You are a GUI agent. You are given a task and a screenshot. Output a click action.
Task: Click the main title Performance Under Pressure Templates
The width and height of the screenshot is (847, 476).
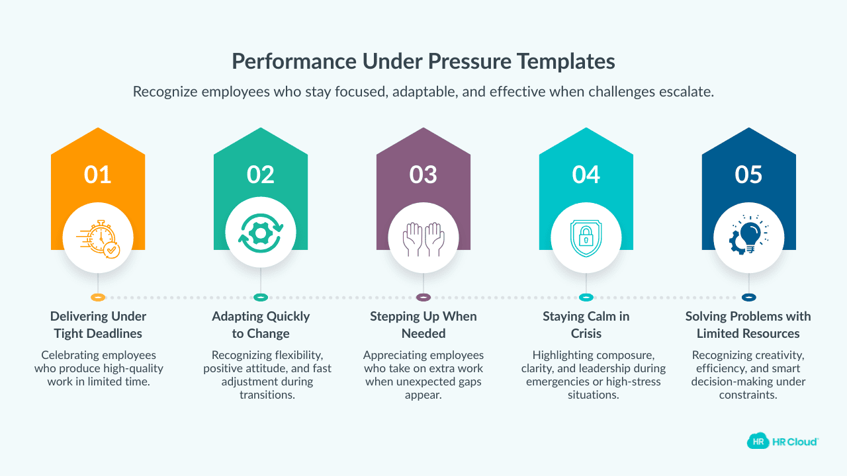[423, 61]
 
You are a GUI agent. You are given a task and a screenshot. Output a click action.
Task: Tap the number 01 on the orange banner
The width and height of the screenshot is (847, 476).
[98, 175]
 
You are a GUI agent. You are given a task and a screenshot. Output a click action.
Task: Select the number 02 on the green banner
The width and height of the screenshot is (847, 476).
[261, 175]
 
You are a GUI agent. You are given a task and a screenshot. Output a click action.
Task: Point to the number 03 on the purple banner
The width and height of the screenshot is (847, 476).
[423, 175]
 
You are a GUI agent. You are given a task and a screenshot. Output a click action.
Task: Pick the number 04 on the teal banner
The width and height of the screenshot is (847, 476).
[586, 175]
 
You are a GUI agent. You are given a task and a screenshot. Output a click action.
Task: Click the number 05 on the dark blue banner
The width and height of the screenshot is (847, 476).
[749, 175]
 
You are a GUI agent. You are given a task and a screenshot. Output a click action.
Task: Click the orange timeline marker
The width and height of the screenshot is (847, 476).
[98, 297]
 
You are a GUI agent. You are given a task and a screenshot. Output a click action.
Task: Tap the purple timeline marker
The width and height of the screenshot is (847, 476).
[423, 297]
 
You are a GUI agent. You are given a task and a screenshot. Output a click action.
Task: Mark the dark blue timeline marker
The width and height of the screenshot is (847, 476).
[749, 297]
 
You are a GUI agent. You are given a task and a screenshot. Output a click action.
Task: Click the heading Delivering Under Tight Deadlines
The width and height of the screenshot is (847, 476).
[98, 325]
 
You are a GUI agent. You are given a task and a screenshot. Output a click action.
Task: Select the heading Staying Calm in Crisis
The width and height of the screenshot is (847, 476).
[586, 325]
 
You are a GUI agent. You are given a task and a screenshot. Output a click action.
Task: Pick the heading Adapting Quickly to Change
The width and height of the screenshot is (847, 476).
[261, 325]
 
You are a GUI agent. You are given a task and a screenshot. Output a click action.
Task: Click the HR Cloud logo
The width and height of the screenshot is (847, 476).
[783, 441]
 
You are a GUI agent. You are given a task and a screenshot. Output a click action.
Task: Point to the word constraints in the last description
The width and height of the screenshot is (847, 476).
[749, 395]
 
